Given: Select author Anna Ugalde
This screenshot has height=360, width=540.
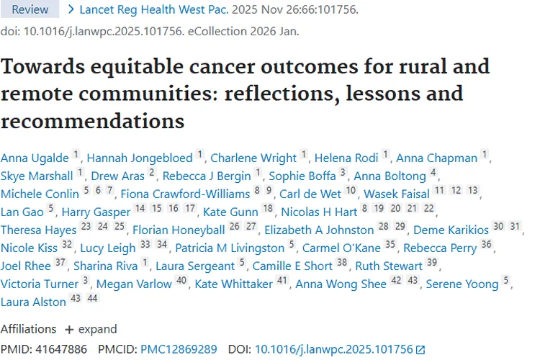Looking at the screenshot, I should pos(34,158).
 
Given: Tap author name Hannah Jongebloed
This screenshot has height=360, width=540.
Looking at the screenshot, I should pos(138,158).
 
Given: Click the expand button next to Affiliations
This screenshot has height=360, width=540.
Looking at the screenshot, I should pos(91,329).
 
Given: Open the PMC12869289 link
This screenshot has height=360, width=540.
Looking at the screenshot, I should pos(178,349).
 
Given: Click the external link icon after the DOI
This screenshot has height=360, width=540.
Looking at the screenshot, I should pos(420,350).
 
